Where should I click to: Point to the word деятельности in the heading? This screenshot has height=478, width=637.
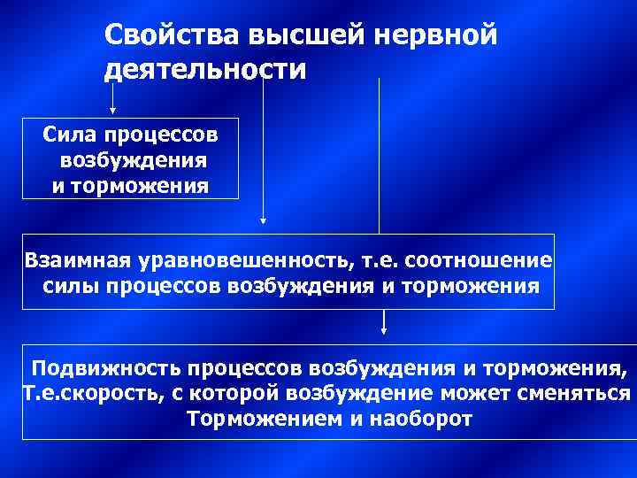pyautogui.click(x=204, y=70)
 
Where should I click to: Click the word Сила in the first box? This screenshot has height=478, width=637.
pyautogui.click(x=70, y=136)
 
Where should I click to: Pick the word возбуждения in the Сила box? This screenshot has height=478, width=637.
pyautogui.click(x=133, y=161)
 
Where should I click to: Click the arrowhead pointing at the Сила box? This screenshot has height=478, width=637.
pyautogui.click(x=112, y=112)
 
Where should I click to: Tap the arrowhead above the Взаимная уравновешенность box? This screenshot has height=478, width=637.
pyautogui.click(x=262, y=222)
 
